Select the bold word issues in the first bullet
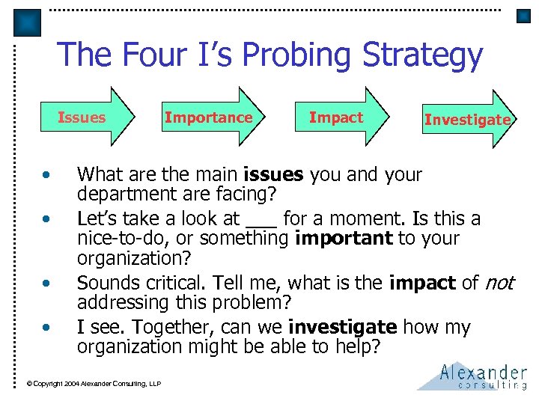tap(273, 175)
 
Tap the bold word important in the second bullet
tap(344, 239)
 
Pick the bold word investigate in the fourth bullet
tap(342, 327)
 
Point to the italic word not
tap(499, 283)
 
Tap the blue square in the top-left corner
tap(28, 22)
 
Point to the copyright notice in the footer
tap(94, 384)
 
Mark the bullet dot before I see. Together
tap(46, 328)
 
